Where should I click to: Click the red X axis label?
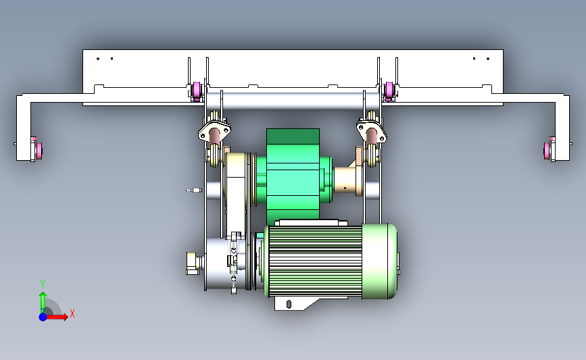click(72, 313)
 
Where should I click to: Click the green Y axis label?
click(43, 284)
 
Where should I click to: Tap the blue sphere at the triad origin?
click(43, 317)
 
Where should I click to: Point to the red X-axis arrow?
click(56, 317)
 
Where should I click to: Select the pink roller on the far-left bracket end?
click(39, 151)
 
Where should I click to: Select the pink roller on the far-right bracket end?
click(547, 151)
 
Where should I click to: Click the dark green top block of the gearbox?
click(293, 136)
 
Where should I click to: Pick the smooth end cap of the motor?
click(379, 261)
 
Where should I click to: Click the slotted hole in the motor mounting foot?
click(289, 304)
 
